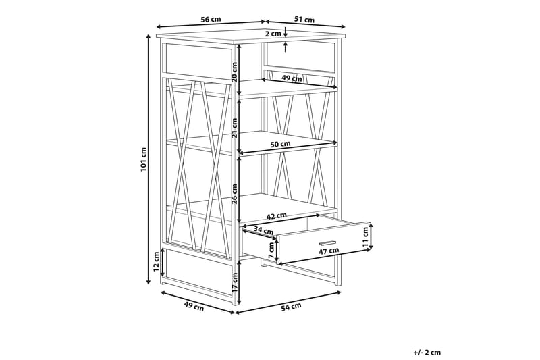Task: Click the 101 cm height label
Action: coord(144,159)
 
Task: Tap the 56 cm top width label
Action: coord(211,20)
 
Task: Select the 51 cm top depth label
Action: coord(304,20)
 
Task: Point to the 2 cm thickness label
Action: coord(273,34)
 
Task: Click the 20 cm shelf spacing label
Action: coord(234,72)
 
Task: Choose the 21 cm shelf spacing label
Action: coord(234,128)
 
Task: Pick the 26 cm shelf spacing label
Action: coord(234,194)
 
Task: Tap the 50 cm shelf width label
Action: coord(280,144)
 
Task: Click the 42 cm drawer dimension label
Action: coord(277,216)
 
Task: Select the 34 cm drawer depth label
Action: coord(263,230)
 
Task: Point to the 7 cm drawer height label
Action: coord(271,251)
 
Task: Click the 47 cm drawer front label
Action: coord(329,251)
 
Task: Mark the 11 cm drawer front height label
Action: coord(365,236)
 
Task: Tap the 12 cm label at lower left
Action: coord(157,262)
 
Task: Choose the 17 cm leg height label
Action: coord(234,282)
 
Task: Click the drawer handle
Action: coord(327,242)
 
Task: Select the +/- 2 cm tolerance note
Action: coord(427,352)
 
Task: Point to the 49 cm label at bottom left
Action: coord(194,306)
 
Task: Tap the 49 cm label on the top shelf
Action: coord(292,78)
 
